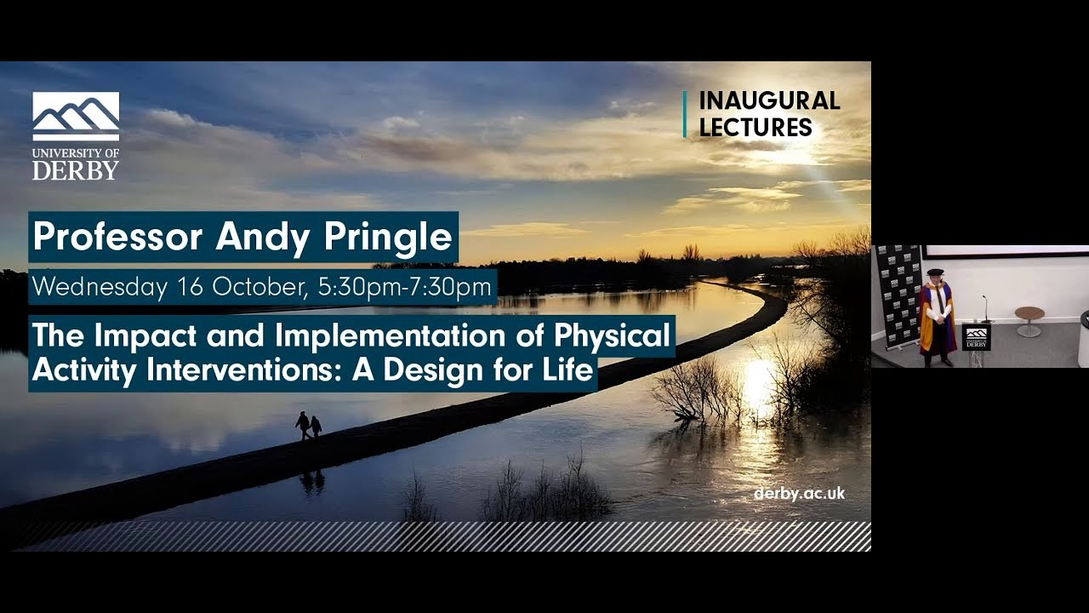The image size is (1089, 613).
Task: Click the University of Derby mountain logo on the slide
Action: tap(76, 116)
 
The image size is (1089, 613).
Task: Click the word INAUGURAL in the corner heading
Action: tap(769, 100)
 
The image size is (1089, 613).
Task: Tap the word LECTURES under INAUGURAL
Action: tap(755, 128)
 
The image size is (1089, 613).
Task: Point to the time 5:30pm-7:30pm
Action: tap(404, 287)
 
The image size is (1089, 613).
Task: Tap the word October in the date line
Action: tap(259, 287)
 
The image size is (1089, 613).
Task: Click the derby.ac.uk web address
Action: tap(799, 494)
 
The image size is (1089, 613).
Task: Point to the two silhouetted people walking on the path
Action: tap(309, 426)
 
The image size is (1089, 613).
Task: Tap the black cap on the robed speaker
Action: tap(935, 272)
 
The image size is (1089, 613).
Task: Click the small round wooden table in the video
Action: tap(1029, 316)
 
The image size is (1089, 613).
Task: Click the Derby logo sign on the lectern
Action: tap(977, 336)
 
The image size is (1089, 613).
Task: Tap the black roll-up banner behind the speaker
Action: tap(899, 294)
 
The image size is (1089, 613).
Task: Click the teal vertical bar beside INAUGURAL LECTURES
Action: tap(684, 114)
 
